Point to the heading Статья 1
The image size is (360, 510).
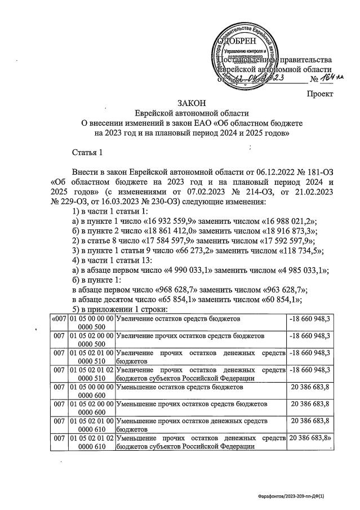(88, 152)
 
